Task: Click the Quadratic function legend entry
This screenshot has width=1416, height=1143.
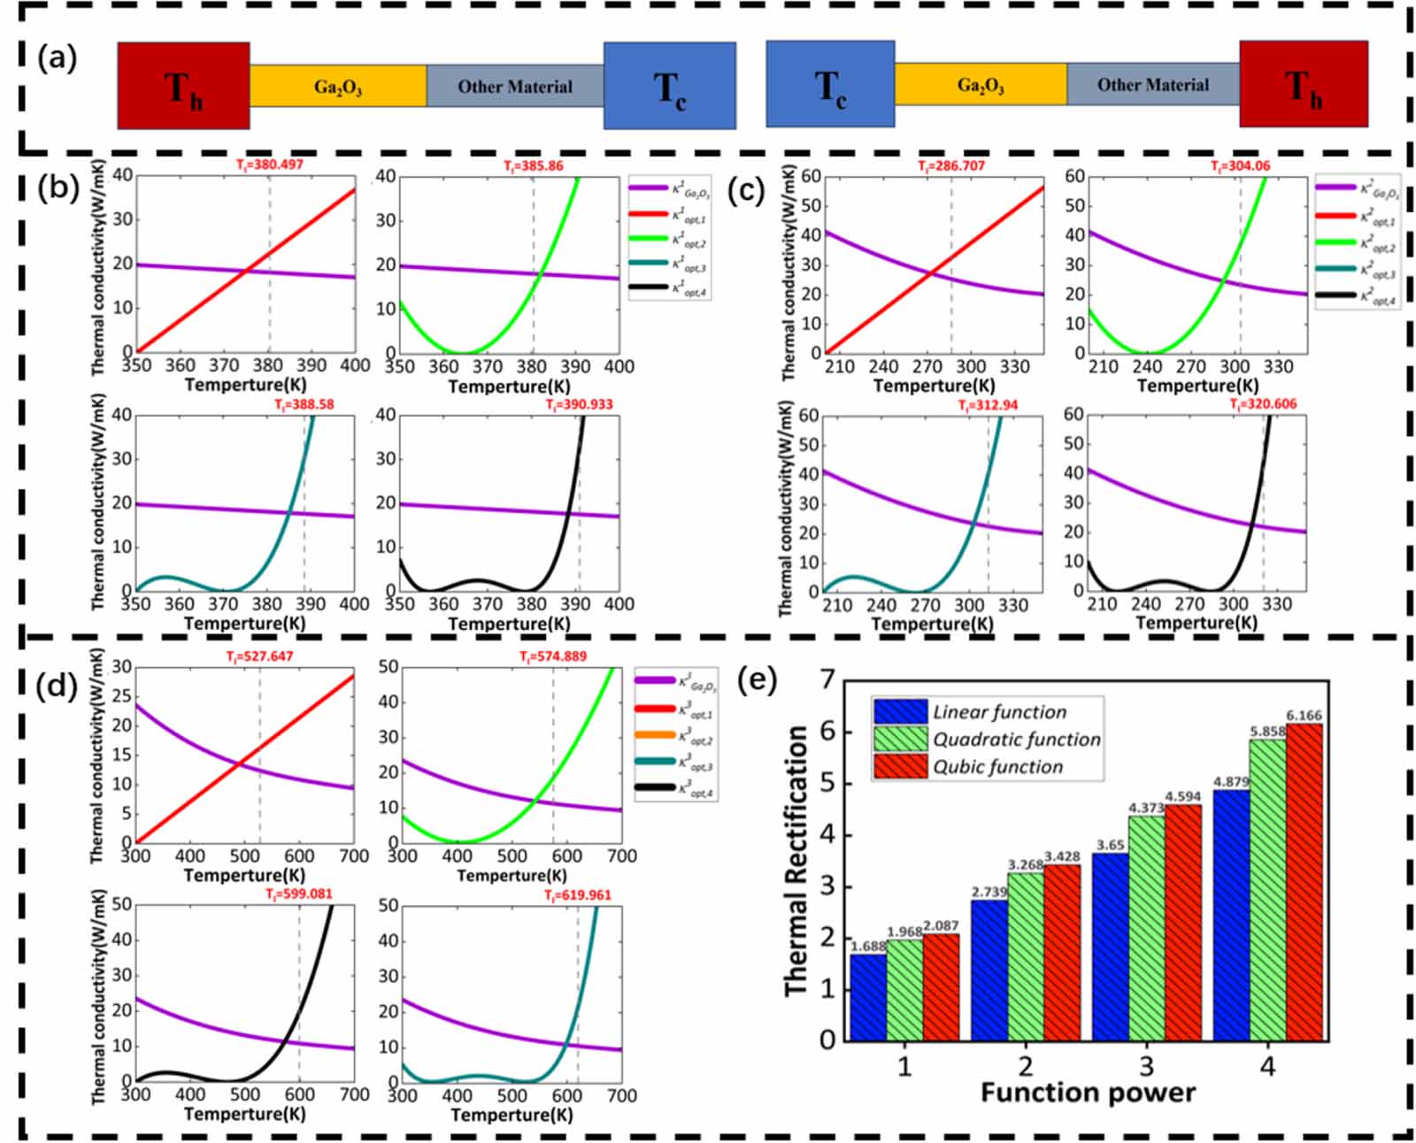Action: pyautogui.click(x=1016, y=739)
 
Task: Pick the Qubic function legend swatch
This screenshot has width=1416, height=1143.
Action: pyautogui.click(x=900, y=766)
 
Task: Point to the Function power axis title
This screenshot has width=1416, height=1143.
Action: pyautogui.click(x=1088, y=1093)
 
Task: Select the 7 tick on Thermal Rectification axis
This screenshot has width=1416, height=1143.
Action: pyautogui.click(x=827, y=680)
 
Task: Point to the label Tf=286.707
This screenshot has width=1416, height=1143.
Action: pyautogui.click(x=951, y=165)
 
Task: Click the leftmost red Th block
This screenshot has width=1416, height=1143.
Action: pyautogui.click(x=183, y=86)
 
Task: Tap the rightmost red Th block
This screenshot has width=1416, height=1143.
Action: pyautogui.click(x=1303, y=84)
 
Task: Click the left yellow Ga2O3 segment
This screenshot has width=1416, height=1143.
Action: pyautogui.click(x=337, y=86)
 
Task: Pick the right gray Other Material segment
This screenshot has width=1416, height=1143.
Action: pyautogui.click(x=1152, y=84)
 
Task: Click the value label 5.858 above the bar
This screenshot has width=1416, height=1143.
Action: pyautogui.click(x=1266, y=733)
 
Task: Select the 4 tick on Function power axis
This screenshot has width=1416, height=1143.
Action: pyautogui.click(x=1267, y=1066)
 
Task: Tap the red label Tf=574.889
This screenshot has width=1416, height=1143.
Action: pyautogui.click(x=552, y=656)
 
